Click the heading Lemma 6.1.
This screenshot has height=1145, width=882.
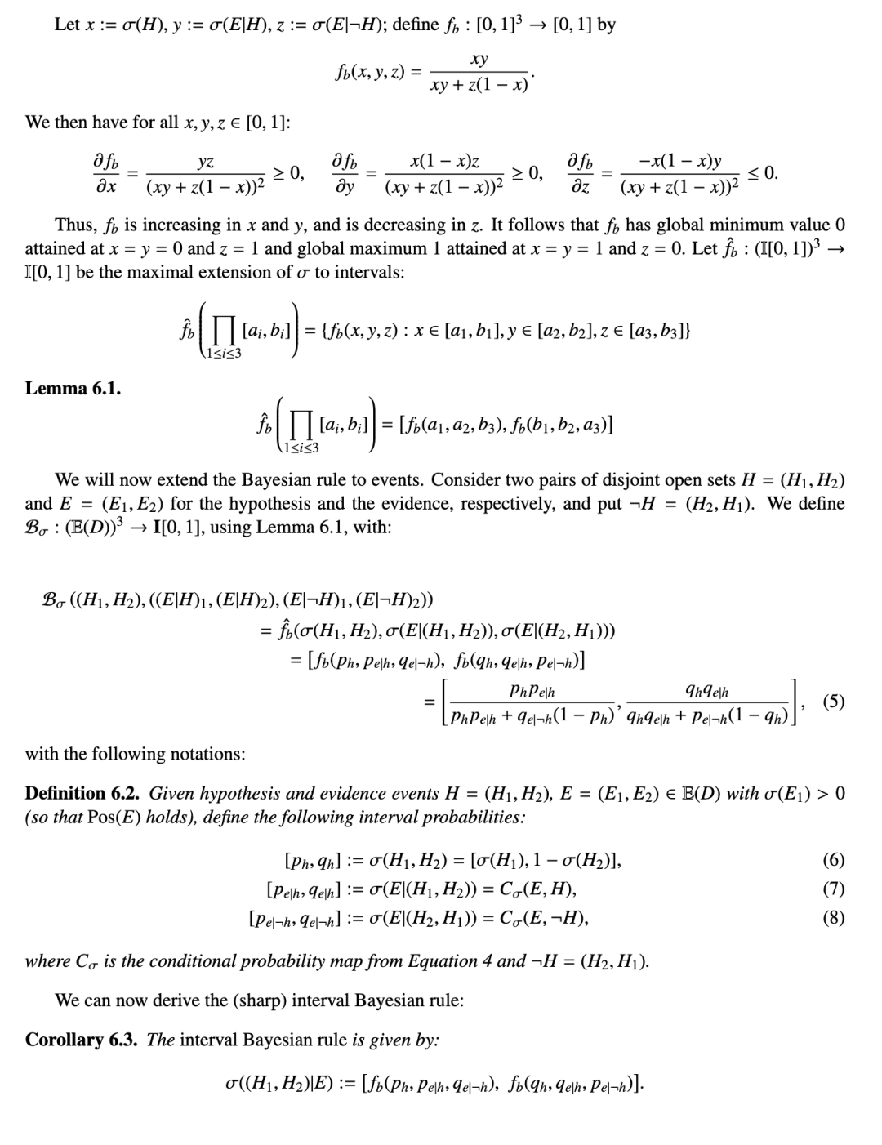click(73, 389)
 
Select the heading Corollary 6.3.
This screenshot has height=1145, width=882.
click(82, 1040)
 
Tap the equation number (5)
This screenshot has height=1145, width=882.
click(834, 701)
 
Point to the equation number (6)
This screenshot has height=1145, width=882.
click(834, 859)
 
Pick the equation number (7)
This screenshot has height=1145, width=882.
click(834, 889)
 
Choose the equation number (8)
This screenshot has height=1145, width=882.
click(834, 918)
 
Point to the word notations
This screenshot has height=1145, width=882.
click(206, 754)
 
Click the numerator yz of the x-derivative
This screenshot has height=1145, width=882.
click(206, 163)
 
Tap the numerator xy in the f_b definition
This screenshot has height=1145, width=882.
click(480, 59)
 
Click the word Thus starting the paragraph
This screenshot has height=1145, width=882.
click(72, 225)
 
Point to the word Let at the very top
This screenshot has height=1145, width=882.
click(66, 25)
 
